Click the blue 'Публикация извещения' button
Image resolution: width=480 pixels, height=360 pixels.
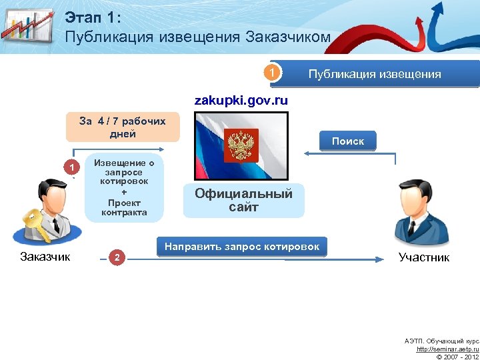(x=374, y=74)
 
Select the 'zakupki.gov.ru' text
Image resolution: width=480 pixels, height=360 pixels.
(x=241, y=101)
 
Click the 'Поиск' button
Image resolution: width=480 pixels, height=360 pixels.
(x=347, y=141)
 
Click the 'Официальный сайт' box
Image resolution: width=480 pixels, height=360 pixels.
(x=243, y=201)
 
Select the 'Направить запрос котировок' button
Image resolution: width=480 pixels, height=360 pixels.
(x=242, y=246)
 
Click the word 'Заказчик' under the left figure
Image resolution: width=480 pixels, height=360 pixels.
(x=45, y=256)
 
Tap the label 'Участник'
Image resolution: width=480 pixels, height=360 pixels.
(x=423, y=257)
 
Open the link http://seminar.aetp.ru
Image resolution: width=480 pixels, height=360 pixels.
(x=447, y=349)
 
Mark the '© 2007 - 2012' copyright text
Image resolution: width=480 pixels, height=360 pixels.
(x=456, y=356)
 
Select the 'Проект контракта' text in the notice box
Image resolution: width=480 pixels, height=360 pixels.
(x=124, y=207)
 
